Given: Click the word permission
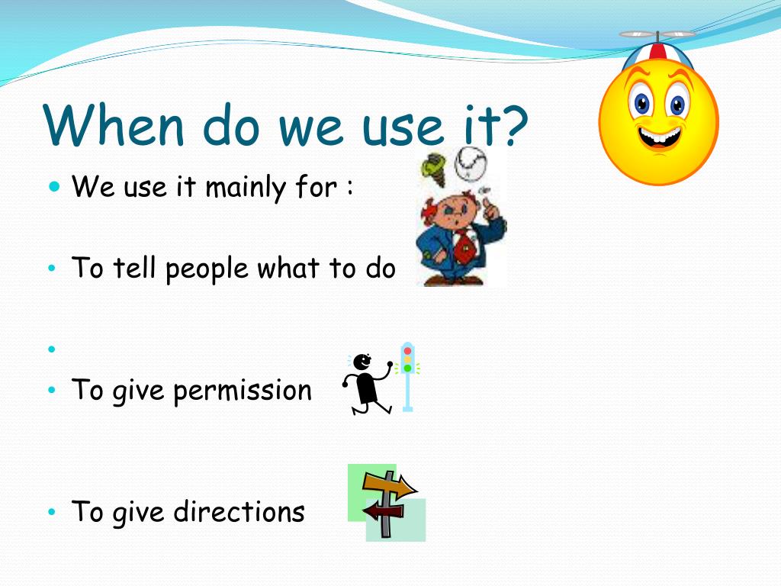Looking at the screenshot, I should (x=243, y=391).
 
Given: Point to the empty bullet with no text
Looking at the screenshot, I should (x=52, y=349).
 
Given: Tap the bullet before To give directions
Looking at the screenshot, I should (x=52, y=512).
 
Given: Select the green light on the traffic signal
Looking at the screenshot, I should (x=407, y=368).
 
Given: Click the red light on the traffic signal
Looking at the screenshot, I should (x=407, y=351).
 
